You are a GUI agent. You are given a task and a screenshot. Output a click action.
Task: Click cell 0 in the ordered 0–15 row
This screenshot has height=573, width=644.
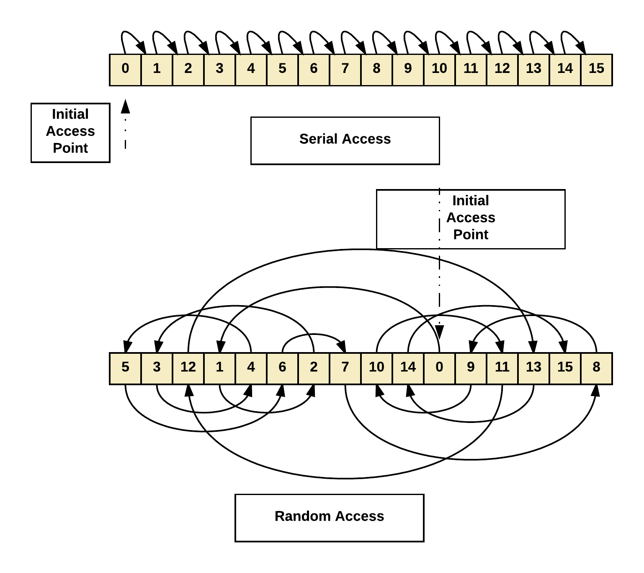tap(125, 70)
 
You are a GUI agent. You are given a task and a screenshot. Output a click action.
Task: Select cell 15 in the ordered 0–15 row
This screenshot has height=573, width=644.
tap(596, 70)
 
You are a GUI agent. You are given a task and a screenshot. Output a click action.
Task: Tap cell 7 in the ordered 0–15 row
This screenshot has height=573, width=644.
tap(345, 70)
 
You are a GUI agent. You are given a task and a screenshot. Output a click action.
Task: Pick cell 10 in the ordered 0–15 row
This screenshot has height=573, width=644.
tap(439, 70)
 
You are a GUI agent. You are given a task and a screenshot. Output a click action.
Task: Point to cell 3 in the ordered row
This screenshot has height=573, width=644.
tap(219, 70)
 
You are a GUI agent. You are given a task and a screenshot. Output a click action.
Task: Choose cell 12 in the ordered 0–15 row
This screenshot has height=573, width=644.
tap(502, 70)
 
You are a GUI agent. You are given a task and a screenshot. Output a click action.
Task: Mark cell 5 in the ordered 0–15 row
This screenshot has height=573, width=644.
tap(282, 70)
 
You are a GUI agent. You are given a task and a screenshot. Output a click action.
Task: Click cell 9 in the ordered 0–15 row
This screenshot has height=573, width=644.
tap(408, 70)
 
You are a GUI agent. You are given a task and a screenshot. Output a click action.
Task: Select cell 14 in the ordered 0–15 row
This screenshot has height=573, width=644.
tap(565, 70)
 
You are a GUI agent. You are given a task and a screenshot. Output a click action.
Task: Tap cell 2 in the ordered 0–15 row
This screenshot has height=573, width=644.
tap(188, 70)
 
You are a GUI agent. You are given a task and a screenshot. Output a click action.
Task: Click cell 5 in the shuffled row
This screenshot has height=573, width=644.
tap(125, 368)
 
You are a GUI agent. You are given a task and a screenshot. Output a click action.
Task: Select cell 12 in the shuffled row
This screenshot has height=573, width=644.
tap(188, 368)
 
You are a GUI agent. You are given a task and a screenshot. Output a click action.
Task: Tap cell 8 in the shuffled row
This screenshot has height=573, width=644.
tap(596, 368)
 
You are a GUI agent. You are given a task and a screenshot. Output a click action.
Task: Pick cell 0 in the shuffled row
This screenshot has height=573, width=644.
tap(439, 368)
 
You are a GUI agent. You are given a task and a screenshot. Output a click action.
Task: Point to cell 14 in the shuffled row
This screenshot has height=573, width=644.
tap(408, 368)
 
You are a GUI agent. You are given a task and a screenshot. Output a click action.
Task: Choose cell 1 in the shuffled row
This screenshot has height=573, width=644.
tap(219, 368)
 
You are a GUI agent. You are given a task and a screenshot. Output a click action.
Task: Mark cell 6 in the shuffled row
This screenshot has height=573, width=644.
tap(282, 368)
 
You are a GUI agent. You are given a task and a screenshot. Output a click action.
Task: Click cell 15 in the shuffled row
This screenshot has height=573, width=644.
tap(565, 368)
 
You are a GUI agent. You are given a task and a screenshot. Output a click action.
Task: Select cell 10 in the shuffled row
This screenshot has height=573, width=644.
tap(376, 368)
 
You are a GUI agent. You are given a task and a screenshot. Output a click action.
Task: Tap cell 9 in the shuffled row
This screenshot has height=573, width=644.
tap(471, 368)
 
